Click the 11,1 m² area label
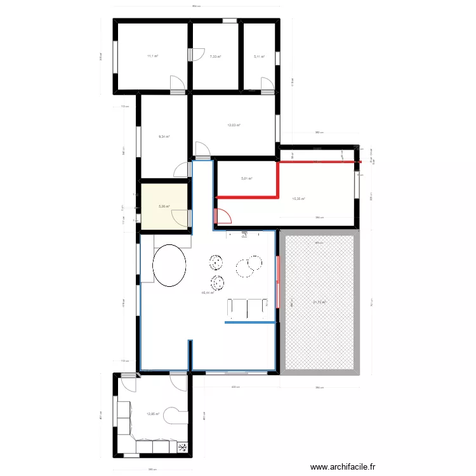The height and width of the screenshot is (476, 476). (x=152, y=56)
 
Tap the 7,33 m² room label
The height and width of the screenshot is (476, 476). (x=215, y=56)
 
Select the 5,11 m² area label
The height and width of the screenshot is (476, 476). (x=259, y=56)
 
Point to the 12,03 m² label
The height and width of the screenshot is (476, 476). (x=234, y=125)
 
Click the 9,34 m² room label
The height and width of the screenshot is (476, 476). (x=163, y=136)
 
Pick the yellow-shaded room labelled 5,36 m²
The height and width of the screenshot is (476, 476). (x=163, y=206)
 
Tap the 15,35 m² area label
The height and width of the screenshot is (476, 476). (x=298, y=199)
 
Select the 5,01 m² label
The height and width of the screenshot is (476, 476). (x=246, y=179)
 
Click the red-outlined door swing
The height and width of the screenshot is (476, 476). (x=223, y=216)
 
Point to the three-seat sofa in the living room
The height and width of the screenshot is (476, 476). (x=248, y=308)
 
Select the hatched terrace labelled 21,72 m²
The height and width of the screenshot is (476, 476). (x=319, y=302)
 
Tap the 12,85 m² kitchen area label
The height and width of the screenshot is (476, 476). (x=153, y=414)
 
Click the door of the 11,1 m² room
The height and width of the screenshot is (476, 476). (x=178, y=83)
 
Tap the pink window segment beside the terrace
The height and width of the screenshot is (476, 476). (x=277, y=279)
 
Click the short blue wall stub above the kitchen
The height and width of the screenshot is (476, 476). (x=189, y=354)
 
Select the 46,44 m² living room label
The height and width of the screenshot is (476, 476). (x=208, y=293)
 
